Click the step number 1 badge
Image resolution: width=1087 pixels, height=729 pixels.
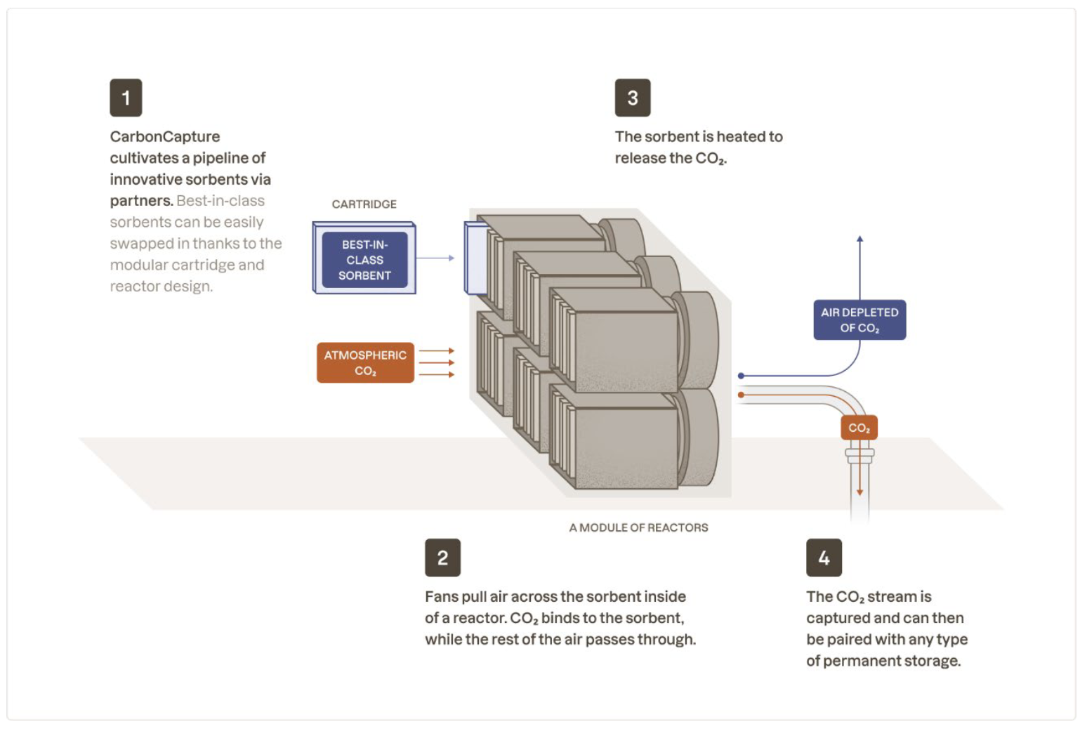coord(126,98)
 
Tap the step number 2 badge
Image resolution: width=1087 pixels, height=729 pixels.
coord(442,558)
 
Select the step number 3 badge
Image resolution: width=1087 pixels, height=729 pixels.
coord(633,98)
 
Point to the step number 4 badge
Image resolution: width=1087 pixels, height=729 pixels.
coord(824,558)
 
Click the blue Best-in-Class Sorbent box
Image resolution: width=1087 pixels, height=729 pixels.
coord(364,260)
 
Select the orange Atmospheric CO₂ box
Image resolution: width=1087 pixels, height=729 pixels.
coord(365,362)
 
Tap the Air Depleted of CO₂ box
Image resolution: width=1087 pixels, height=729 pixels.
coord(859,320)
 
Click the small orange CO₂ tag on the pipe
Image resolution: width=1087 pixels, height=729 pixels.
coord(859,428)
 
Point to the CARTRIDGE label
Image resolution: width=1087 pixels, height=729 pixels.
coord(364,204)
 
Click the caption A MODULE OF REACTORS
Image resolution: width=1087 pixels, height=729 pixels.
coord(638,527)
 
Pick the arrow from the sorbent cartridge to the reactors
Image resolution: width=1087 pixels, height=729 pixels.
coord(436,258)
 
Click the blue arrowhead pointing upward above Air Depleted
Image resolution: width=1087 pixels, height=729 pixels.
coord(859,239)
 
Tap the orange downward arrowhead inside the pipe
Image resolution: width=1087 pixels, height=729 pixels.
coord(859,492)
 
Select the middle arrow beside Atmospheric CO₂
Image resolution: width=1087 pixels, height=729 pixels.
coord(437,363)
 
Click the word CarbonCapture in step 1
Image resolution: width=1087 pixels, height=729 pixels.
coord(165,137)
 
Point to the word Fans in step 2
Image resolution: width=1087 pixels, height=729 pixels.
coord(441,597)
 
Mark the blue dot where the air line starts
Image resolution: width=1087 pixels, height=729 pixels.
coord(741,376)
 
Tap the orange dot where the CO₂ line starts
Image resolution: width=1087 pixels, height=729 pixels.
coord(741,395)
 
